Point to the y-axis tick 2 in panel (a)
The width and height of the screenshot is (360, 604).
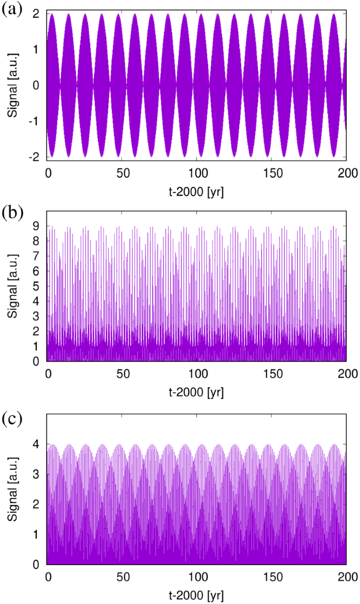pyautogui.click(x=36, y=14)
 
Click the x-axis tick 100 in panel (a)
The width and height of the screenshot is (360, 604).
pyautogui.click(x=197, y=171)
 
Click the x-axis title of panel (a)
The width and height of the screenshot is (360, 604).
pyautogui.click(x=197, y=191)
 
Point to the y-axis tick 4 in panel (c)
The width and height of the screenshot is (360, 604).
pyautogui.click(x=36, y=445)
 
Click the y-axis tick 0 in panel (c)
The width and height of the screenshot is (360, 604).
pyautogui.click(x=36, y=564)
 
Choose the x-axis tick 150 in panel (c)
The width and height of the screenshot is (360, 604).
pyautogui.click(x=272, y=577)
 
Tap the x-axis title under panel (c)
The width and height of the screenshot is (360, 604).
pyautogui.click(x=197, y=597)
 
